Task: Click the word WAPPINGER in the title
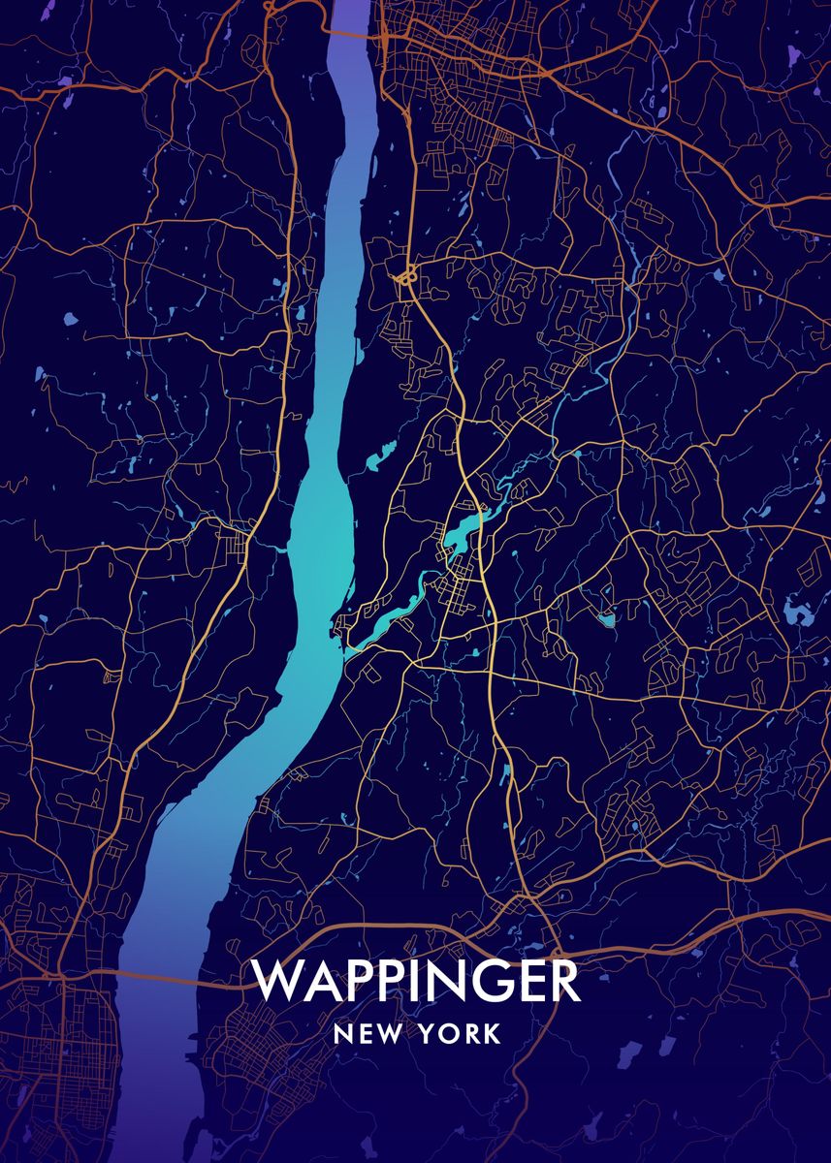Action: click(x=417, y=981)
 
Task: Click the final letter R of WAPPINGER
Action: click(x=562, y=981)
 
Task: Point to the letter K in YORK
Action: click(x=493, y=1034)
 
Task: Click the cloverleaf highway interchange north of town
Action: click(x=406, y=277)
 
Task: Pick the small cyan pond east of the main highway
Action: click(x=608, y=617)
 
